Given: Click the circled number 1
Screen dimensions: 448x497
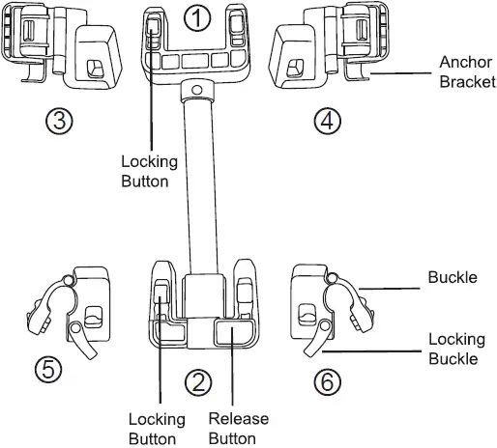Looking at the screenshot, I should click(x=198, y=19).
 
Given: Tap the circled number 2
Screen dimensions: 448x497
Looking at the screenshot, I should click(x=198, y=382).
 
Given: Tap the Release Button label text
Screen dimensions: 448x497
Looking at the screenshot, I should click(x=239, y=429).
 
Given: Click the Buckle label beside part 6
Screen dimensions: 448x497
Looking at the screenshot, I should click(x=453, y=278).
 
